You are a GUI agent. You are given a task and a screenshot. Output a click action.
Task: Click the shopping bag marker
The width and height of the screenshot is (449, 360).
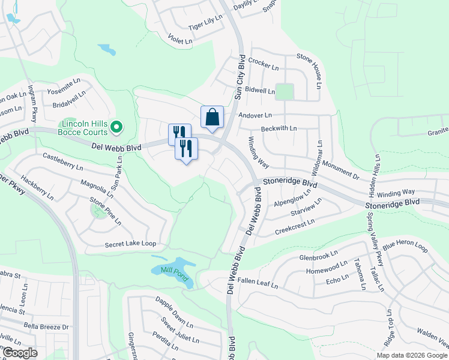(212, 117)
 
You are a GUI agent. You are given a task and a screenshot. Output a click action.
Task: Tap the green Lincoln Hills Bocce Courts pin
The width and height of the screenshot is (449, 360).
(117, 126)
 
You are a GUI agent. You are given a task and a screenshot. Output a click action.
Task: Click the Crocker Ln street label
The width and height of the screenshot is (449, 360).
(263, 62)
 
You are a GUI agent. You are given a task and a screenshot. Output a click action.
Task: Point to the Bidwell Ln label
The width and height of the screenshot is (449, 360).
(259, 91)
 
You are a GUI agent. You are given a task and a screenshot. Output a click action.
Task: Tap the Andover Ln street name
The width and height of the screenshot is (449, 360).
(255, 115)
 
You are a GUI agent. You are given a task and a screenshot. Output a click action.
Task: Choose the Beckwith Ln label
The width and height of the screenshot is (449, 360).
(279, 128)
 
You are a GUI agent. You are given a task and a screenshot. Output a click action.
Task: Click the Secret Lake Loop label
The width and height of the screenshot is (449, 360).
(130, 244)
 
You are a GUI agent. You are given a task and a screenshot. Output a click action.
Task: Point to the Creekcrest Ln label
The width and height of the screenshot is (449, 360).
(295, 227)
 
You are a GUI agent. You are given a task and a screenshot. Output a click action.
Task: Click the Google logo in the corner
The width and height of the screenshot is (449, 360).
(20, 353)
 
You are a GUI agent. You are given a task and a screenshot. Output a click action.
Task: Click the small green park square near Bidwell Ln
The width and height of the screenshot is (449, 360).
(284, 92)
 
